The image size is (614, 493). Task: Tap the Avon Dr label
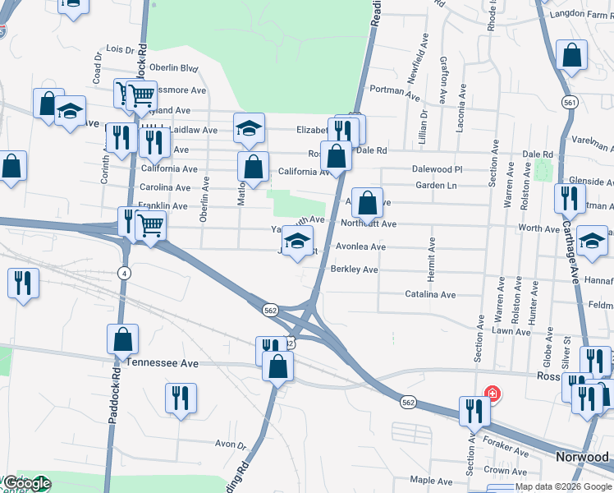tap(231, 444)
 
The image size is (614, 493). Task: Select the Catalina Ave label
tap(430, 294)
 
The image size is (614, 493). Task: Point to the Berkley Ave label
tap(354, 270)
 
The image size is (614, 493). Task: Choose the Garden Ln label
tap(435, 186)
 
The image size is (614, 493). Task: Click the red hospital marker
tap(492, 394)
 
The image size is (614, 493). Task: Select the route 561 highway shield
tap(569, 103)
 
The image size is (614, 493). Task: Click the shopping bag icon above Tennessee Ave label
tap(122, 338)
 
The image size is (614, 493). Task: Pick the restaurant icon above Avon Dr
tap(181, 398)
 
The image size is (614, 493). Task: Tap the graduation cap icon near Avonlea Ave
tap(297, 240)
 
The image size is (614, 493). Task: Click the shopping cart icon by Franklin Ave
tap(149, 224)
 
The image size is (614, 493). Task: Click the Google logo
tap(26, 483)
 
